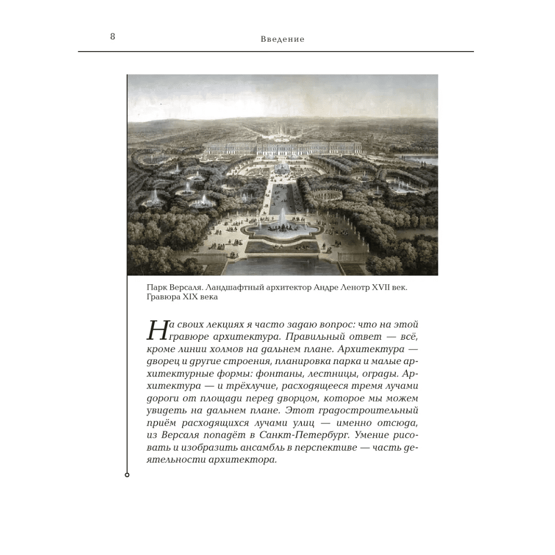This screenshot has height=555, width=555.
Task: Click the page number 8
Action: pos(113,37)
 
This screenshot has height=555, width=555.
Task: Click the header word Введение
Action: pos(282,39)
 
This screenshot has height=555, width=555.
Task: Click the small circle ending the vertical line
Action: pos(127,475)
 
